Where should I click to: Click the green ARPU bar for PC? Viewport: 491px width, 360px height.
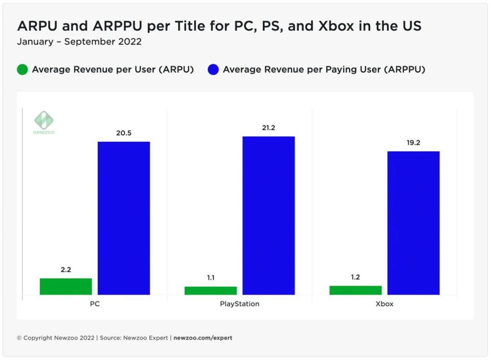click(66, 286)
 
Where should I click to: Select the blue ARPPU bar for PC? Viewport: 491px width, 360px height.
click(124, 218)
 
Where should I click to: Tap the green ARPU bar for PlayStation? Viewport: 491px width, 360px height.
click(210, 290)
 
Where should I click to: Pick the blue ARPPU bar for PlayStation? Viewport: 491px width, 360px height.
click(269, 215)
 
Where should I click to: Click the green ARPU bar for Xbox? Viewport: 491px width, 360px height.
click(355, 290)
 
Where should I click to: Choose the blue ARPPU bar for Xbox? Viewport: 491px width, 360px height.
click(413, 223)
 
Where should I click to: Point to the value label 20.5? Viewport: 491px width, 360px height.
click(124, 133)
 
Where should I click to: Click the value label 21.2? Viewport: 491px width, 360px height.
click(269, 128)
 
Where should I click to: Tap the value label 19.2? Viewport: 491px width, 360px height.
click(413, 142)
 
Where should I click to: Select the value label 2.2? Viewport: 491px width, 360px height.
click(66, 270)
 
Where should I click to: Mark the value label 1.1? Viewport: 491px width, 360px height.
click(210, 278)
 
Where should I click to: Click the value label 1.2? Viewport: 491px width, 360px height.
click(355, 277)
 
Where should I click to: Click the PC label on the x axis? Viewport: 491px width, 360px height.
click(94, 304)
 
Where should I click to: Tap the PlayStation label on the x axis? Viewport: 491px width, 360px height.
click(239, 304)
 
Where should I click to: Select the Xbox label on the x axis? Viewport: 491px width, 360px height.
click(385, 304)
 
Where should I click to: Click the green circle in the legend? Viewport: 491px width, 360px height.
click(23, 70)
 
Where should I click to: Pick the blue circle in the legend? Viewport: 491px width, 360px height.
click(213, 70)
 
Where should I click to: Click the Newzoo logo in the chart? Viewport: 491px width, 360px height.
click(44, 122)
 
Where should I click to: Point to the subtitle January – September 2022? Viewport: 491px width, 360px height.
click(79, 42)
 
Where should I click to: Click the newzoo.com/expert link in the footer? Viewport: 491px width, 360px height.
click(202, 338)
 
